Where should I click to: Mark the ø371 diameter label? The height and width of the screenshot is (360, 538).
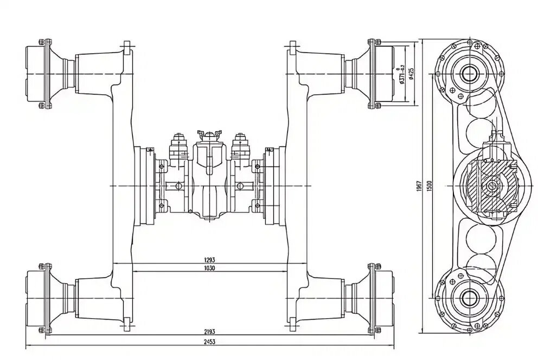tap(401, 73)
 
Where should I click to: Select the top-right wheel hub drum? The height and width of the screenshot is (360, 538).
tap(383, 74)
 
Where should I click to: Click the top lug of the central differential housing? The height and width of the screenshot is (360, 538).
tap(209, 133)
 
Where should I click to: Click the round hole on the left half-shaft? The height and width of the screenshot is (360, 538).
tap(178, 187)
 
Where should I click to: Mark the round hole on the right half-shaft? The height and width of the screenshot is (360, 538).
tap(241, 187)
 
